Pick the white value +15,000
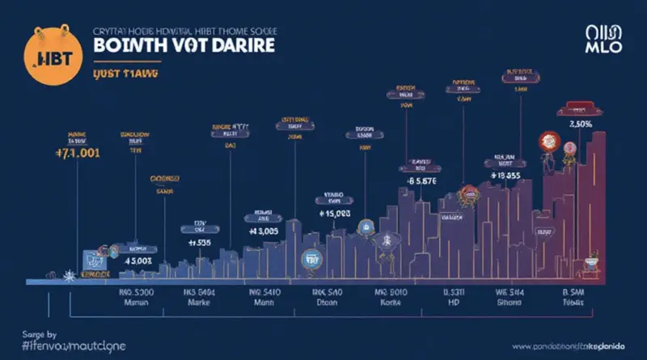pos(332,214)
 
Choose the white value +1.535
pos(198,241)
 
